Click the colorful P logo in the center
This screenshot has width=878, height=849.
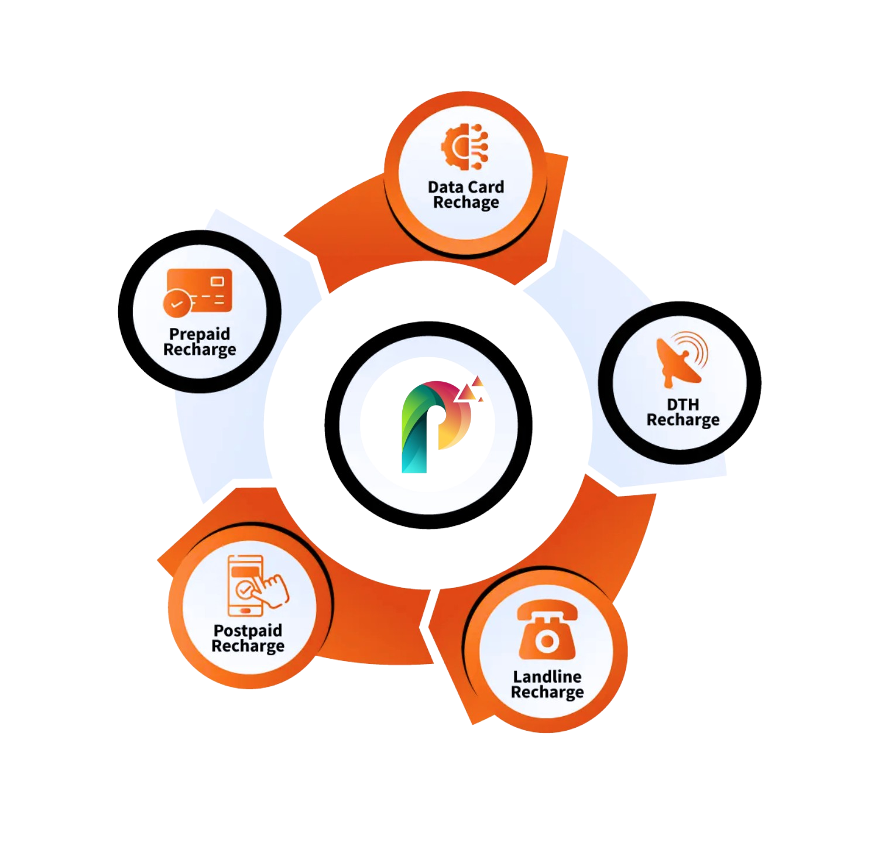coord(436,426)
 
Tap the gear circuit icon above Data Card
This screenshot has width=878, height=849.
coord(464,145)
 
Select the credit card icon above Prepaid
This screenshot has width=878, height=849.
coord(198,291)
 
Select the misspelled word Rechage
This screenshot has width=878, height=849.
coord(466,203)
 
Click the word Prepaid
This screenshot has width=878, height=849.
coord(200,334)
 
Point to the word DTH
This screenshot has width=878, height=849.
coord(682,405)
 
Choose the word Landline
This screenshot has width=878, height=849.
coord(547,677)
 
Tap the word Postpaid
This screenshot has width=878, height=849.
coord(248,631)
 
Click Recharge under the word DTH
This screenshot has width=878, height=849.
coord(682,420)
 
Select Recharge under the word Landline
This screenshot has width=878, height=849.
coord(547,692)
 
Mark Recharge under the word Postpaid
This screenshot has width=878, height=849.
coord(248,646)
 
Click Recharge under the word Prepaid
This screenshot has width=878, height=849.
coord(200,350)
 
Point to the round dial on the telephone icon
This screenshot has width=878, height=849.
coord(547,642)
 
